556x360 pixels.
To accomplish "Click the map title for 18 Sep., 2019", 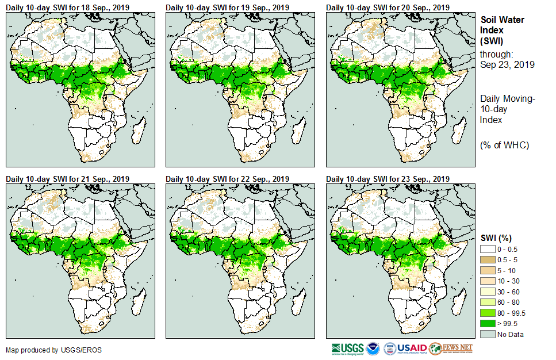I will [x=67, y=7].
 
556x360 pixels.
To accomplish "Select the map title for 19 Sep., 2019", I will [x=227, y=7].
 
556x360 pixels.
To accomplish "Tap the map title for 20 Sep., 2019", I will [x=388, y=7].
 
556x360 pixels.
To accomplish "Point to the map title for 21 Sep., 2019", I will [x=67, y=179].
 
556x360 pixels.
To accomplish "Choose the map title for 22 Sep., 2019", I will [x=227, y=179].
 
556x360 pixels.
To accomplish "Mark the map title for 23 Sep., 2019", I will [x=388, y=179].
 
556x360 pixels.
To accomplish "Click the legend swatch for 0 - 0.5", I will [x=488, y=248].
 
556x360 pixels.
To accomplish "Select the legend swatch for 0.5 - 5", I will [x=488, y=259].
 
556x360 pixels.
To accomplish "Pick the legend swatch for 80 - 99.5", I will [x=488, y=312].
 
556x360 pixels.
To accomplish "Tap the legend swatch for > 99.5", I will [x=488, y=323].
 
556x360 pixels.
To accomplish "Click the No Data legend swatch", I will [x=488, y=334].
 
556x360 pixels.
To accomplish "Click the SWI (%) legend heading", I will [x=496, y=238].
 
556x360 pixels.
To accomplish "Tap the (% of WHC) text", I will [x=504, y=145].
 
